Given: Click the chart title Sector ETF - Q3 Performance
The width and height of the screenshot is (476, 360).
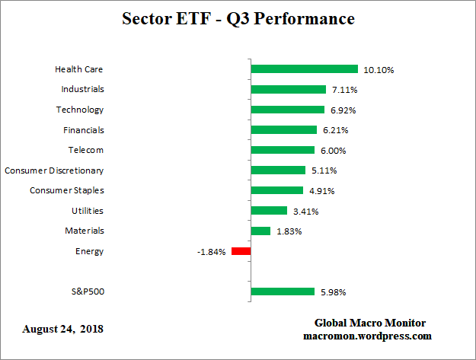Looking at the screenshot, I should click(238, 18).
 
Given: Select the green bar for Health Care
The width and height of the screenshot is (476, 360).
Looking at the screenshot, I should click(304, 69).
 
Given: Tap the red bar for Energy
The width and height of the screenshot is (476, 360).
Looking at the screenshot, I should click(241, 251).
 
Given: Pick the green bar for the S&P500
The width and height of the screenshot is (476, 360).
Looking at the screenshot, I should click(282, 292).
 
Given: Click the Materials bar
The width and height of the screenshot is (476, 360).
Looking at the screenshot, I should click(260, 231).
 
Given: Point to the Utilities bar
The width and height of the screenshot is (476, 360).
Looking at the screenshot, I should click(269, 211).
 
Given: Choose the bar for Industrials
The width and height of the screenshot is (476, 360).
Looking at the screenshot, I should click(288, 89).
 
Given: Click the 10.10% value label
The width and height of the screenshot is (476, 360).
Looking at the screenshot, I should click(379, 70).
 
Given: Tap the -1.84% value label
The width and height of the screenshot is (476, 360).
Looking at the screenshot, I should click(211, 252).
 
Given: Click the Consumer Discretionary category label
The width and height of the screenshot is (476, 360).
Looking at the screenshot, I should click(54, 170).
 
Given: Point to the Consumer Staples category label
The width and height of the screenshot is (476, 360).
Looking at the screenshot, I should click(67, 190).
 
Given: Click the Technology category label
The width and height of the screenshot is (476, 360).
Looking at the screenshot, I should click(79, 110).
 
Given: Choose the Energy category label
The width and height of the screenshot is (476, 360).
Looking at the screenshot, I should click(90, 251).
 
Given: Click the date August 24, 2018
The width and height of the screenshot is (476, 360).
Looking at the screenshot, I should click(62, 330).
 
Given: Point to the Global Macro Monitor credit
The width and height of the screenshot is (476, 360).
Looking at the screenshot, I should click(370, 323).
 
